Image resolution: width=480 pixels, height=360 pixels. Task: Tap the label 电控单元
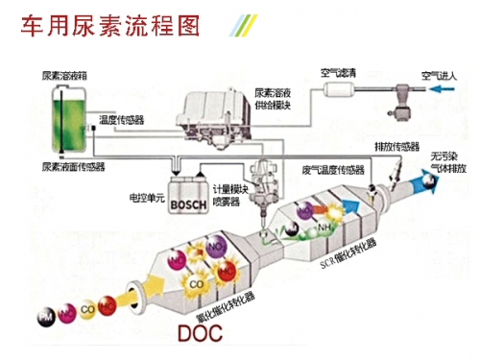[146, 198]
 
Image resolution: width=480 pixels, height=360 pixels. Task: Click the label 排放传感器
[396, 149]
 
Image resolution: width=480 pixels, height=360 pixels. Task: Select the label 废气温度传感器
[331, 170]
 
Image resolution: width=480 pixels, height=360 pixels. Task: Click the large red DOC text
[204, 335]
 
